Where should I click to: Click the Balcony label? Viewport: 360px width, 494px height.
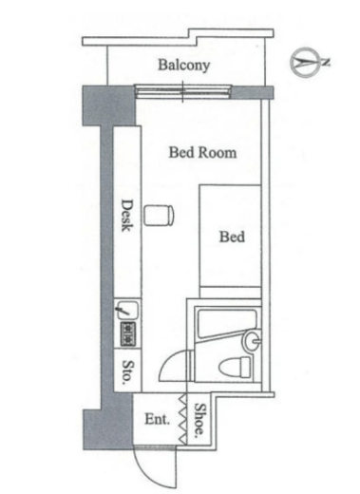(184, 65)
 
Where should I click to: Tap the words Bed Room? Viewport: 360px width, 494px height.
(202, 152)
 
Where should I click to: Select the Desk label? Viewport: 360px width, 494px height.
(127, 216)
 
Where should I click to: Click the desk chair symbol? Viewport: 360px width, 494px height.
(160, 216)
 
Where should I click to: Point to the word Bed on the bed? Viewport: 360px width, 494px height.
(232, 237)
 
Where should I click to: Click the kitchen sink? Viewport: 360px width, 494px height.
(127, 310)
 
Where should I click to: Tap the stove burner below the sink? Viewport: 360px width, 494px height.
(128, 333)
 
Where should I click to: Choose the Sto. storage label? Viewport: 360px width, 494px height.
(127, 371)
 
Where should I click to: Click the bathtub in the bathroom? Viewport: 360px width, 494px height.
(226, 324)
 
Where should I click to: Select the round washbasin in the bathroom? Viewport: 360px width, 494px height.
(252, 341)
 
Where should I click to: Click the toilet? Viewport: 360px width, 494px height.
(235, 367)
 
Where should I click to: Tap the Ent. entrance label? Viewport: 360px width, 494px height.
(158, 419)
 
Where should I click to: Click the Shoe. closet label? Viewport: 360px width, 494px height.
(199, 420)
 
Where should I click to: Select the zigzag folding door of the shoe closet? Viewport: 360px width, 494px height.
(183, 419)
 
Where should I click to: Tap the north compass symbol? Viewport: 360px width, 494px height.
(301, 63)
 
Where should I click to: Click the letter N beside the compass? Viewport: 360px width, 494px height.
(326, 63)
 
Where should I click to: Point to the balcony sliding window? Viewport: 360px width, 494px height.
(183, 91)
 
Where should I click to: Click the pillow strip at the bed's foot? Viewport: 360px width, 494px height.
(231, 292)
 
